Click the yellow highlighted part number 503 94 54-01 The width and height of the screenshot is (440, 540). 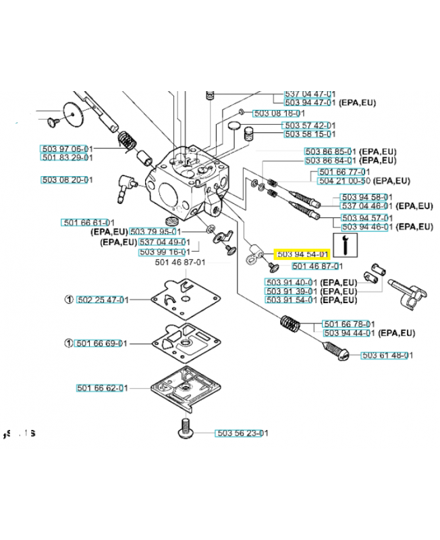pos(302,254)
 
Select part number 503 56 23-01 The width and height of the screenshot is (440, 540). pos(242,433)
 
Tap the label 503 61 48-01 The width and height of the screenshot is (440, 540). pos(387,355)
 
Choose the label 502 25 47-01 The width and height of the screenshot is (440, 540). pos(102,300)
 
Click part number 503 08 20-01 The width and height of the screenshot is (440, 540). pos(67,180)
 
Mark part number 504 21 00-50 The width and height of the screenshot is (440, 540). pos(344,181)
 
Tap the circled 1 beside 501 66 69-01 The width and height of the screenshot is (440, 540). pos(69,343)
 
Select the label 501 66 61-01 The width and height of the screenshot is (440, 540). pos(88,223)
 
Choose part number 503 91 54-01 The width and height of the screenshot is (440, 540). pos(292,300)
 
